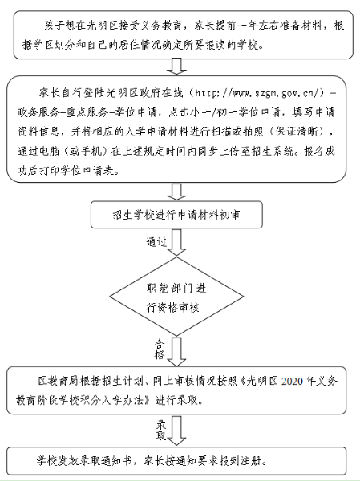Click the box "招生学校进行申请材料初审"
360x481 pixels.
pyautogui.click(x=176, y=215)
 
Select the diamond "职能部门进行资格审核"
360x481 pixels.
pyautogui.click(x=176, y=297)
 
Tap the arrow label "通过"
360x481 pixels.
pyautogui.click(x=156, y=242)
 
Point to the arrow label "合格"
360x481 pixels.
pyautogui.click(x=160, y=350)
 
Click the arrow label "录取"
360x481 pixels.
pyautogui.click(x=161, y=430)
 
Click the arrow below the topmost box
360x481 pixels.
pyautogui.click(x=176, y=67)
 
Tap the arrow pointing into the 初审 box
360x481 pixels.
pyautogui.click(x=176, y=192)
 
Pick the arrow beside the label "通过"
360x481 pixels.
pyautogui.click(x=176, y=242)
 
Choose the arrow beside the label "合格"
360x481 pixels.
pyautogui.click(x=176, y=352)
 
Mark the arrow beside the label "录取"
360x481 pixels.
pyautogui.click(x=176, y=430)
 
